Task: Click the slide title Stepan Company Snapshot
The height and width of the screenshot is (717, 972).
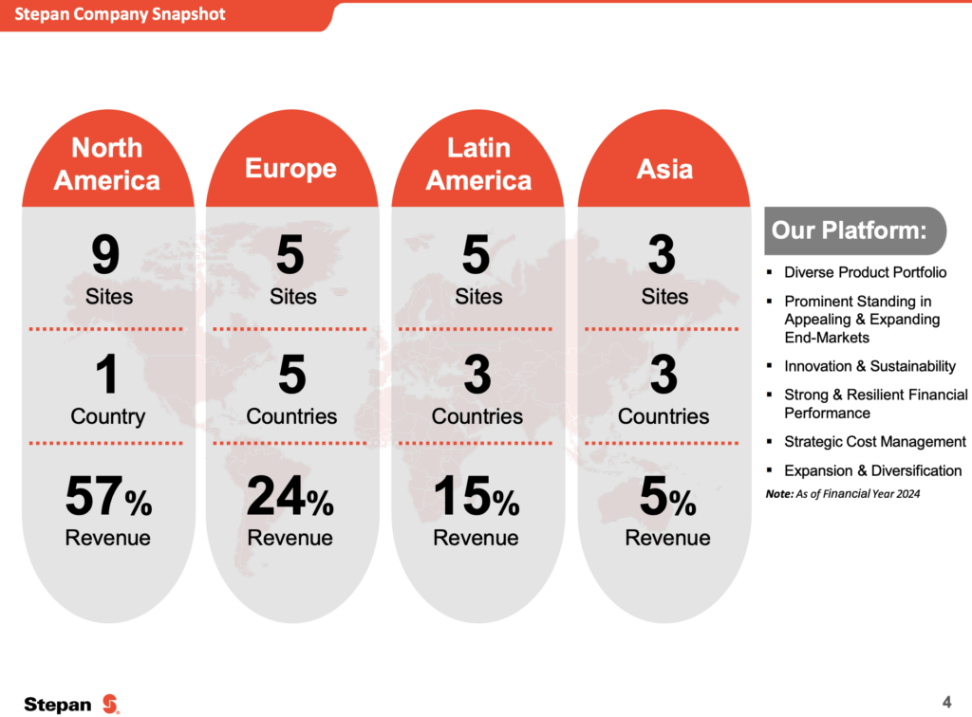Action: coord(120,15)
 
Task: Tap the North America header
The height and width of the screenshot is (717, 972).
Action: coord(107,164)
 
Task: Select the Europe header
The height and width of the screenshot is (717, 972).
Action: coord(290,168)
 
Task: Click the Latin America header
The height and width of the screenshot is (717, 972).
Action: coord(478,164)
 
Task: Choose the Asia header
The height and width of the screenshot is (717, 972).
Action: coord(664,170)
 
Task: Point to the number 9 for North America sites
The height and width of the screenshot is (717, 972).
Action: coord(106,256)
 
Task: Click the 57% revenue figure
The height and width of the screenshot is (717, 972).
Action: coord(108,499)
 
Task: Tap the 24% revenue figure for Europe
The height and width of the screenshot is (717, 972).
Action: coord(290,499)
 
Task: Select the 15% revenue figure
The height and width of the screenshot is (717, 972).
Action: coord(476,499)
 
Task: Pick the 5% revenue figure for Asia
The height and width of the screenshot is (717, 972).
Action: coord(667,499)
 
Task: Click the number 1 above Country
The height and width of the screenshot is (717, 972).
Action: coord(108,376)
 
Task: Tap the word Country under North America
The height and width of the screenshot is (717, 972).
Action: coord(108,416)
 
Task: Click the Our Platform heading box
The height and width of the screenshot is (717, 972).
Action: coord(853,230)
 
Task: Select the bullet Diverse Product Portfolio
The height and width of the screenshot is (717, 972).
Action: coord(865,272)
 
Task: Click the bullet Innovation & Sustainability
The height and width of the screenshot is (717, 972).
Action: coord(869,366)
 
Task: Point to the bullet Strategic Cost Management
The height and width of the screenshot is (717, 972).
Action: coord(874,442)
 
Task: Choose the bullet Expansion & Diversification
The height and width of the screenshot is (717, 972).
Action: coord(872,470)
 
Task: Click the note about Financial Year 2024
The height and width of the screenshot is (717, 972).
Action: coord(843,494)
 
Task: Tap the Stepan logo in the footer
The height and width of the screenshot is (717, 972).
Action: coord(72,704)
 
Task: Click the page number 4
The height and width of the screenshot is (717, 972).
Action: coord(946,702)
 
